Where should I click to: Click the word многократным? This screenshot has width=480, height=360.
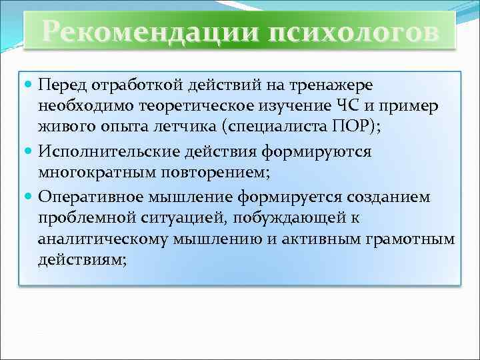point(87,174)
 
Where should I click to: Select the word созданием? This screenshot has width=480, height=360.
point(387,197)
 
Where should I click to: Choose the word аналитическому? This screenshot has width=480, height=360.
point(93,240)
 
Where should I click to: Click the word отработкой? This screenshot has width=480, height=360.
point(117,85)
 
